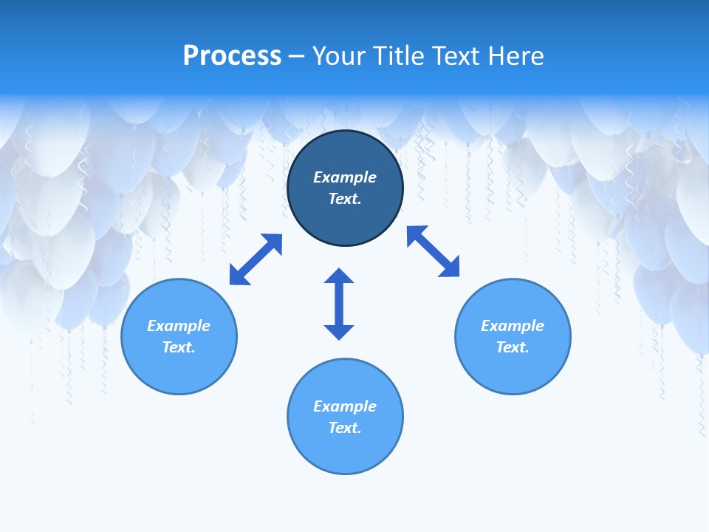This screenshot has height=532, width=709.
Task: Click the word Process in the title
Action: tap(232, 56)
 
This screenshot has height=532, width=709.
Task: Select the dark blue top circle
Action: tap(345, 222)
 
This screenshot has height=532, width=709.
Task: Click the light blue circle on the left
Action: tap(179, 369)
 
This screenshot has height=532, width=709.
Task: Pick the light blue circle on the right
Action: tap(513, 369)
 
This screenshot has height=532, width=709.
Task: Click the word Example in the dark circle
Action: tap(345, 177)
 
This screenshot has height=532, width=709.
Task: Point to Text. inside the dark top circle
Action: tap(345, 199)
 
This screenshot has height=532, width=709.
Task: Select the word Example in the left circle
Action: tap(179, 326)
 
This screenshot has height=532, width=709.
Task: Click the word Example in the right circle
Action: tap(513, 326)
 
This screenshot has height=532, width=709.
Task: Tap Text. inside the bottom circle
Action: tap(345, 428)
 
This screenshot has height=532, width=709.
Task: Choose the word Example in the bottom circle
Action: tap(345, 406)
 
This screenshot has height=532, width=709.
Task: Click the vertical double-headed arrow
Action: tap(339, 304)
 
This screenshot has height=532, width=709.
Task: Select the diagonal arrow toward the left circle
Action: tap(256, 259)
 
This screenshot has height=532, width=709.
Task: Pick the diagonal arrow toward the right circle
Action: tap(434, 251)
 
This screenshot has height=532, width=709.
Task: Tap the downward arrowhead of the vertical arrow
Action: tap(339, 332)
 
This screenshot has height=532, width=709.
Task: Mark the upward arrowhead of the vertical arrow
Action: tap(339, 276)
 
